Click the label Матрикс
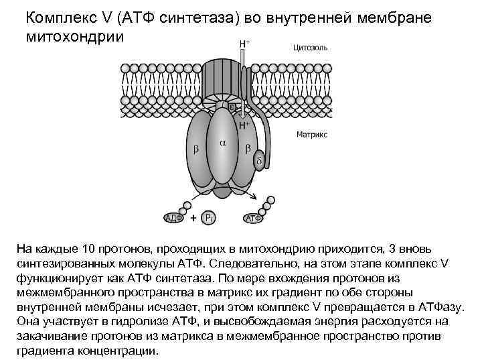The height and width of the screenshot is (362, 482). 311,135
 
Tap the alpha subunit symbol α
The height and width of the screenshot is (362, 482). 222,143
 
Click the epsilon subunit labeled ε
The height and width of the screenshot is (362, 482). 232,106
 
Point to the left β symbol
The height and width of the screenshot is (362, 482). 196,149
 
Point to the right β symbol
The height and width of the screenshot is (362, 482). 248,149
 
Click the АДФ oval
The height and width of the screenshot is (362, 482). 175,217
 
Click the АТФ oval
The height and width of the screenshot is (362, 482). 254,217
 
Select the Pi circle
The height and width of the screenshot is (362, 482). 210,217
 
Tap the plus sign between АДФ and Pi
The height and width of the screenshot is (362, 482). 193,217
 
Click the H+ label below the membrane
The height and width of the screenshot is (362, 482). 244,125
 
